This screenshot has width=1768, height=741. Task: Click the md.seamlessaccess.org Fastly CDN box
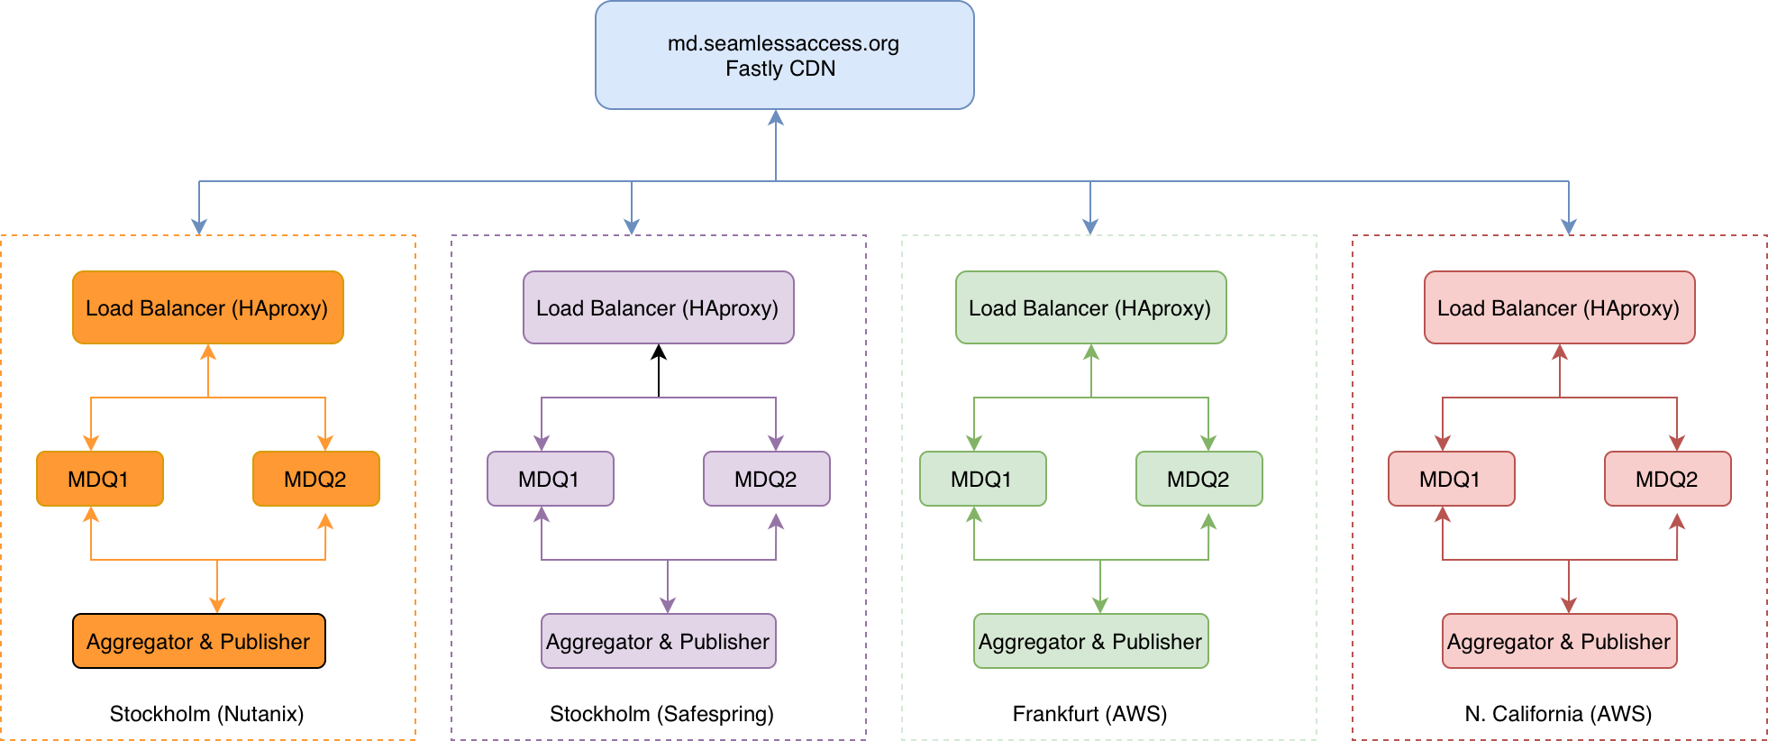pos(784,55)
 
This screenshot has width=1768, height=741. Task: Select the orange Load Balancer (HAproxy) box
pos(207,307)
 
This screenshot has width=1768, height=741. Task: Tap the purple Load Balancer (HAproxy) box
pos(658,307)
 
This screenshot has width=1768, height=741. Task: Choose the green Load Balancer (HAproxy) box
pos(1090,307)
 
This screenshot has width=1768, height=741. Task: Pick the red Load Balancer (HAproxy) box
pos(1559,307)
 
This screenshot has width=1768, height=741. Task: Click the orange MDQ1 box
pos(99,479)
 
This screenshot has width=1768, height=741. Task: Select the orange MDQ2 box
pos(315,479)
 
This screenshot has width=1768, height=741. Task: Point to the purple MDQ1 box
pos(550,479)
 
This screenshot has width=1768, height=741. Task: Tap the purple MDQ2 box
pos(766,479)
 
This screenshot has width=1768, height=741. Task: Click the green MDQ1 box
pos(982,479)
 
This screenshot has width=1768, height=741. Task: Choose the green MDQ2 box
pos(1198,479)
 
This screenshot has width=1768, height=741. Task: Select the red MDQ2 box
pos(1667,479)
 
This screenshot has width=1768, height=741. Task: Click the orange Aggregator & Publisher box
pos(198,641)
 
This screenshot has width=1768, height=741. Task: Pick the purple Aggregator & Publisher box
pos(658,641)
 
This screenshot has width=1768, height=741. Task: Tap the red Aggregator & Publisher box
pos(1559,641)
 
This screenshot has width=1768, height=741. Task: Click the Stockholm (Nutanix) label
pos(206,714)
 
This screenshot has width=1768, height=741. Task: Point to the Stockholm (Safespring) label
pos(661,714)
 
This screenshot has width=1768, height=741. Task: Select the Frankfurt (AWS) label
pos(1089,714)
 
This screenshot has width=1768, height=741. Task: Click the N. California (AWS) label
pos(1558,714)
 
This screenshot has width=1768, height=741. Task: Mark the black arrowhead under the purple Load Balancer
pos(659,352)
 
